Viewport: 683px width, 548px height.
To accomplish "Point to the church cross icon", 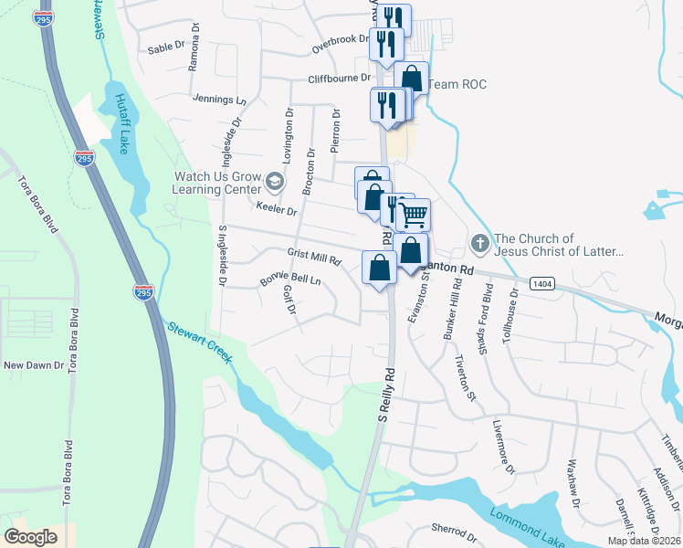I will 480,244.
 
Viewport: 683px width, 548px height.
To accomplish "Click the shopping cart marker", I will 415,216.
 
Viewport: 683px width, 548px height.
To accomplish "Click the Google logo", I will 32,536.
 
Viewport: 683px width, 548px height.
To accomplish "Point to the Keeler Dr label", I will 277,211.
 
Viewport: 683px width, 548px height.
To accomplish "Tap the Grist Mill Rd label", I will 313,257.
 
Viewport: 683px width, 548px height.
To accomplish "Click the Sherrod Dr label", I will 454,530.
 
